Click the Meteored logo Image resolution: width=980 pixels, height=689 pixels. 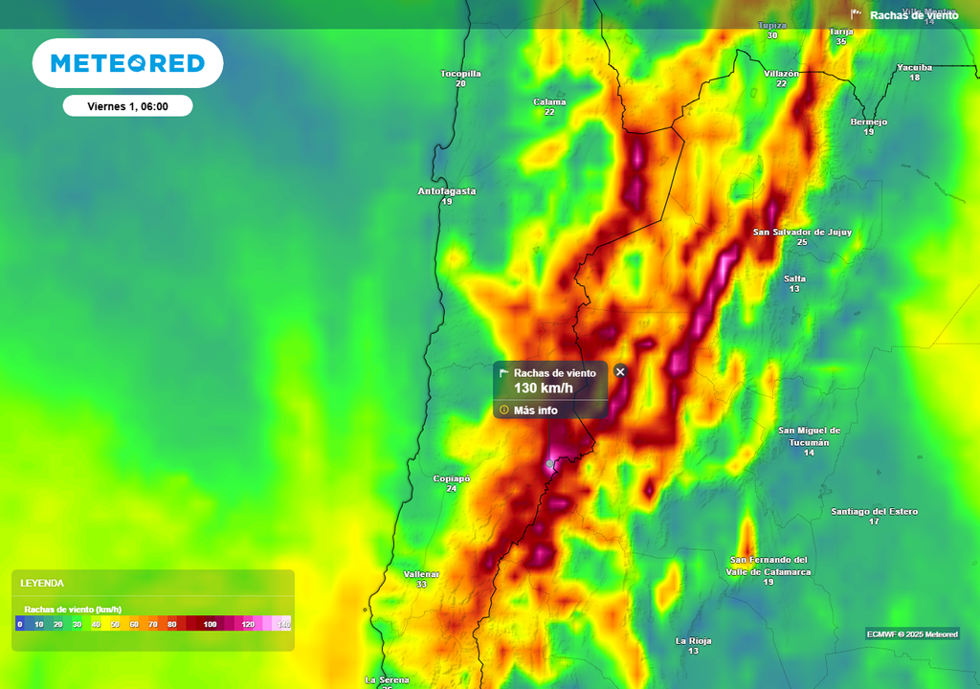point(127,63)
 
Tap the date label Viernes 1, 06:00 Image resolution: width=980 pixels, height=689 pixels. point(127,106)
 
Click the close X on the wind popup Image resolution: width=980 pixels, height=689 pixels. point(620,371)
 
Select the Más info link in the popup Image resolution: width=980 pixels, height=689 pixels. point(535,411)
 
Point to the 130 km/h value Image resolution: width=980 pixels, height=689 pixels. point(544,388)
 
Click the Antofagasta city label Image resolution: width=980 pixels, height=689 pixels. point(447,191)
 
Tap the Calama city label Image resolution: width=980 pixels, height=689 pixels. point(549,101)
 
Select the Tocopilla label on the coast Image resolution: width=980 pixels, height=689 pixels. point(460,74)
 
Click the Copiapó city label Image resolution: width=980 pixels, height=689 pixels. point(452,478)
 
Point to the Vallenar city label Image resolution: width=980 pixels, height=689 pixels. point(421,574)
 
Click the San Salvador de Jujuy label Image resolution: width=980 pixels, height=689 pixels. point(802,232)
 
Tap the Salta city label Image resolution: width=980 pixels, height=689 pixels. point(794,278)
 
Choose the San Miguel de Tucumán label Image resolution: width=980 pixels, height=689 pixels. point(809,436)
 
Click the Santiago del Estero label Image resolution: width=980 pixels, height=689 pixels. point(874,511)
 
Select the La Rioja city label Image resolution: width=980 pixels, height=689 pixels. point(693,640)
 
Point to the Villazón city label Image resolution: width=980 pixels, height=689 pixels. point(781,73)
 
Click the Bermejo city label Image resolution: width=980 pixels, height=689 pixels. point(869,122)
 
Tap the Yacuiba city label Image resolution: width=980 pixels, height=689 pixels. point(914,67)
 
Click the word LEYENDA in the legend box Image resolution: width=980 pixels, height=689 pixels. point(42,583)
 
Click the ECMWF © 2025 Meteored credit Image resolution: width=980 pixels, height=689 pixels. point(912,633)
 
